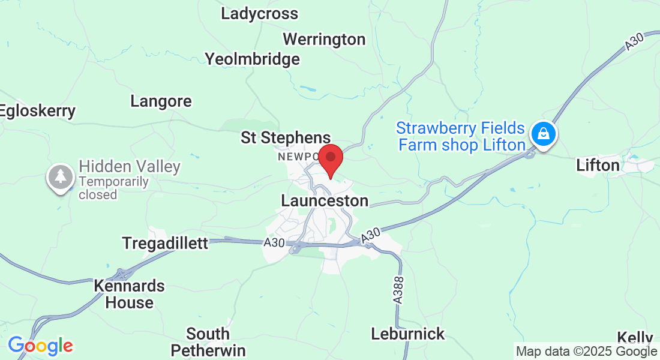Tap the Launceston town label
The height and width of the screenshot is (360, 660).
[325, 200]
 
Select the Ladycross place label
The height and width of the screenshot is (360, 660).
[259, 13]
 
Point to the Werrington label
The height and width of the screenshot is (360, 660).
[324, 40]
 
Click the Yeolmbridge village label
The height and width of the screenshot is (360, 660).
[252, 59]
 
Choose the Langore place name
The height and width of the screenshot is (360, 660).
[161, 101]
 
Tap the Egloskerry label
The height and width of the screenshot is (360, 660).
[38, 111]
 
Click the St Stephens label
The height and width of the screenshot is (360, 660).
[286, 138]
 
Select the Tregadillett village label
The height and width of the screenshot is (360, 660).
[165, 243]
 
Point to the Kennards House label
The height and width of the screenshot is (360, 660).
[129, 294]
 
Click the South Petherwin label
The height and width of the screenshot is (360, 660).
[208, 341]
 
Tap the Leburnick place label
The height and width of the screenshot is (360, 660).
[408, 334]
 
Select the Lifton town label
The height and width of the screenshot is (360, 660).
[598, 165]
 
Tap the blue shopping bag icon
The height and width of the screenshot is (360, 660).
[543, 133]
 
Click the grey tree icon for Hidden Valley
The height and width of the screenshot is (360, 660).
[60, 178]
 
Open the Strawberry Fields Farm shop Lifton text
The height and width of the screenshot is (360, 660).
[461, 137]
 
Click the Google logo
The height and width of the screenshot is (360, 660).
[40, 346]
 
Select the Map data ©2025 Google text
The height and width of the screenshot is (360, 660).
[586, 352]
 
